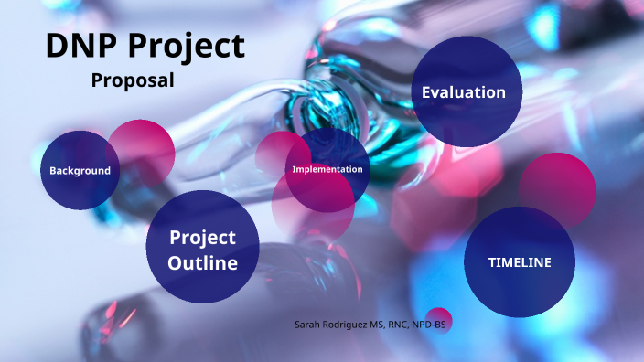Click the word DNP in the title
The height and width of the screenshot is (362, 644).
pyautogui.click(x=79, y=46)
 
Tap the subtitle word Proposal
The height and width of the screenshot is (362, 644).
pyautogui.click(x=133, y=80)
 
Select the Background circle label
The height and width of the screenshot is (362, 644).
pyautogui.click(x=80, y=171)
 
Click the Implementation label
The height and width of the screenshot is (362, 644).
pyautogui.click(x=327, y=169)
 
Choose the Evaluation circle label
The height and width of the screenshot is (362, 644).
pyautogui.click(x=463, y=92)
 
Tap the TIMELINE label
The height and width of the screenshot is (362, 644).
pyautogui.click(x=519, y=262)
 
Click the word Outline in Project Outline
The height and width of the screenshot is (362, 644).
pyautogui.click(x=202, y=263)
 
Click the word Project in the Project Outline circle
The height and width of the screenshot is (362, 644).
pyautogui.click(x=202, y=238)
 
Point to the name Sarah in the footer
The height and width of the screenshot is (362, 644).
pyautogui.click(x=308, y=325)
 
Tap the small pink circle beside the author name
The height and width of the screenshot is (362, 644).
pyautogui.click(x=440, y=319)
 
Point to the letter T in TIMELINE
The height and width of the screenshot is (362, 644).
pyautogui.click(x=492, y=262)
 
